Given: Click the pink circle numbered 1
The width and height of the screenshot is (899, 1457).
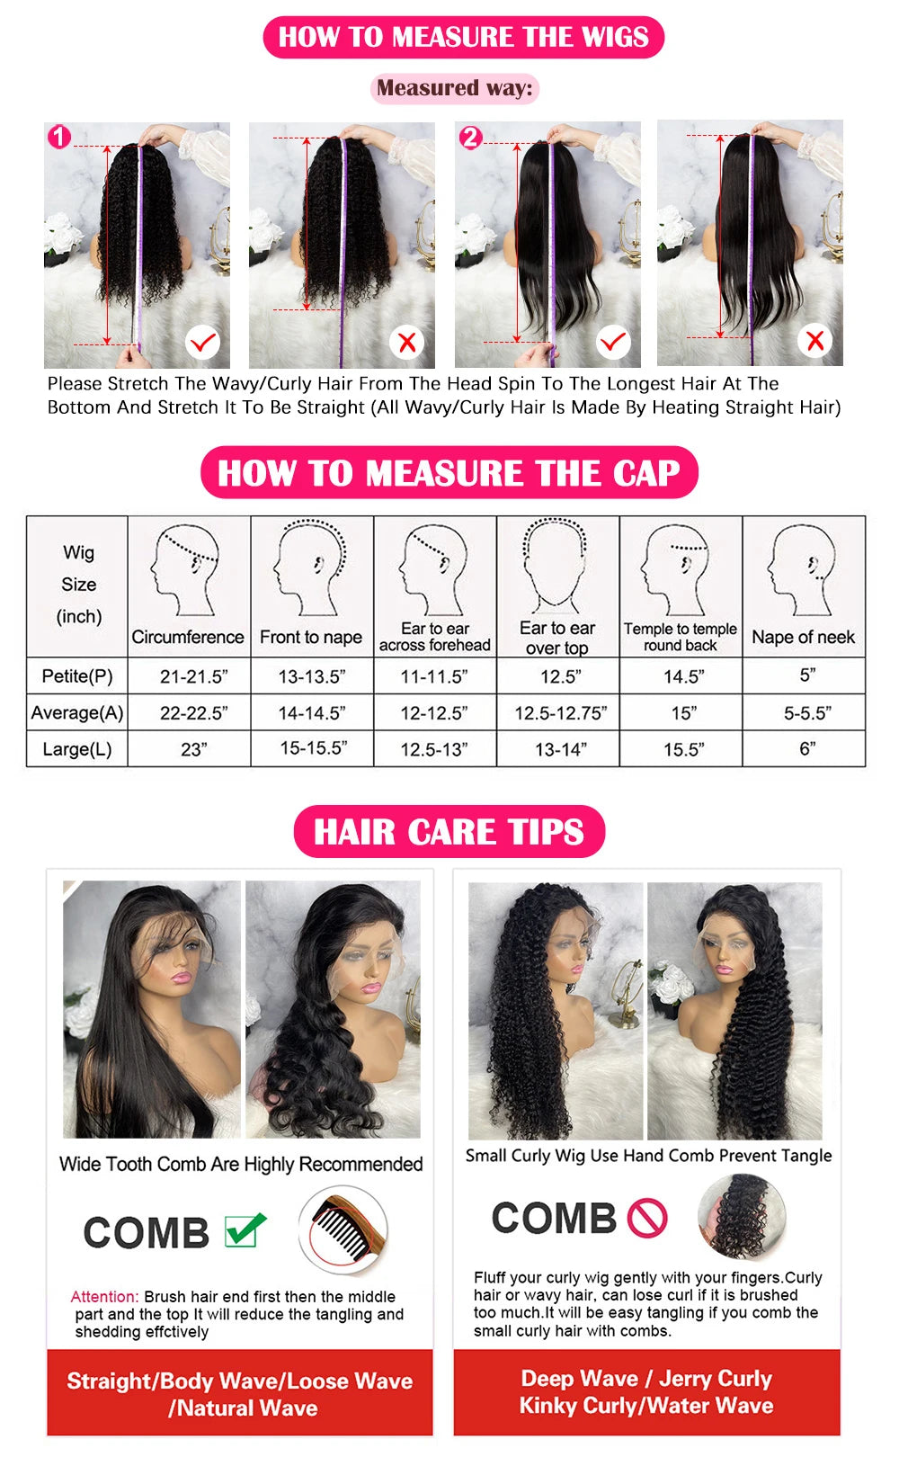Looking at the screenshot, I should coord(59,138).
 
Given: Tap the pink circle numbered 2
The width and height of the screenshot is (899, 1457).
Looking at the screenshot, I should coord(470,138).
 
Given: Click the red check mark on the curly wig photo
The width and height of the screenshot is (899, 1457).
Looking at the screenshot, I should coord(203,343).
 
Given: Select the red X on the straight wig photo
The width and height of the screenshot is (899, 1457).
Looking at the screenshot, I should coord(814,341).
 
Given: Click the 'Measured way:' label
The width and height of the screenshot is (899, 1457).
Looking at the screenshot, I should coord(454,88).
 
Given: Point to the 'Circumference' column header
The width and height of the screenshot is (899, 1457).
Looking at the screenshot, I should coord(188,637).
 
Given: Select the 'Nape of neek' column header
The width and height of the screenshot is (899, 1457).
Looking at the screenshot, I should coord(803,637).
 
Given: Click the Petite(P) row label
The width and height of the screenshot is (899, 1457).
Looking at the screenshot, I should coord(77,675).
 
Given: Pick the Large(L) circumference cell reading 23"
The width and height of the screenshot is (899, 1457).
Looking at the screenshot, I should coord(194,749).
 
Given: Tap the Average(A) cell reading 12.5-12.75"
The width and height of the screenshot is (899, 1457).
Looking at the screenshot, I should coord(560,713).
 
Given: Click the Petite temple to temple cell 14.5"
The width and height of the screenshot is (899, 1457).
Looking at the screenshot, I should coord(683,676).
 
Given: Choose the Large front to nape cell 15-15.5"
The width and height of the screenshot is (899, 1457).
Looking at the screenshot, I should coord(313,748).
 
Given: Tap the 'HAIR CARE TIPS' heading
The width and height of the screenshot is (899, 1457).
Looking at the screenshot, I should coord(449,832).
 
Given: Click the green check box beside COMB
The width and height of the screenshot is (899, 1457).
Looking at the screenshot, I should coord(245,1229).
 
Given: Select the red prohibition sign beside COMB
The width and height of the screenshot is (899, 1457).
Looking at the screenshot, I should coord(647,1219).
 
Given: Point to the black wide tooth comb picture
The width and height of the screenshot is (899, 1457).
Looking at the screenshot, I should coord(343,1230).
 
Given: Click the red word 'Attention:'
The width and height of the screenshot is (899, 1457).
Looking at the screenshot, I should coord(104,1297).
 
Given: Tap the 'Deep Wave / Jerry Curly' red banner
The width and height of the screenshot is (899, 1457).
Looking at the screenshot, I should coord(646,1391).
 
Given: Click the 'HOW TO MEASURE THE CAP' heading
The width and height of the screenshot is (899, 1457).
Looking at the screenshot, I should coord(449,473).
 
